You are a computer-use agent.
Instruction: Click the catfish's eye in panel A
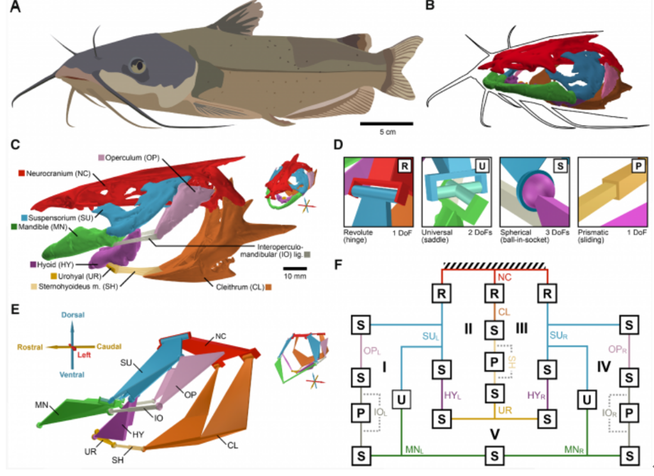[140, 67]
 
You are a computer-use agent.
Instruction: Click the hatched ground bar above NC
[492, 264]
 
